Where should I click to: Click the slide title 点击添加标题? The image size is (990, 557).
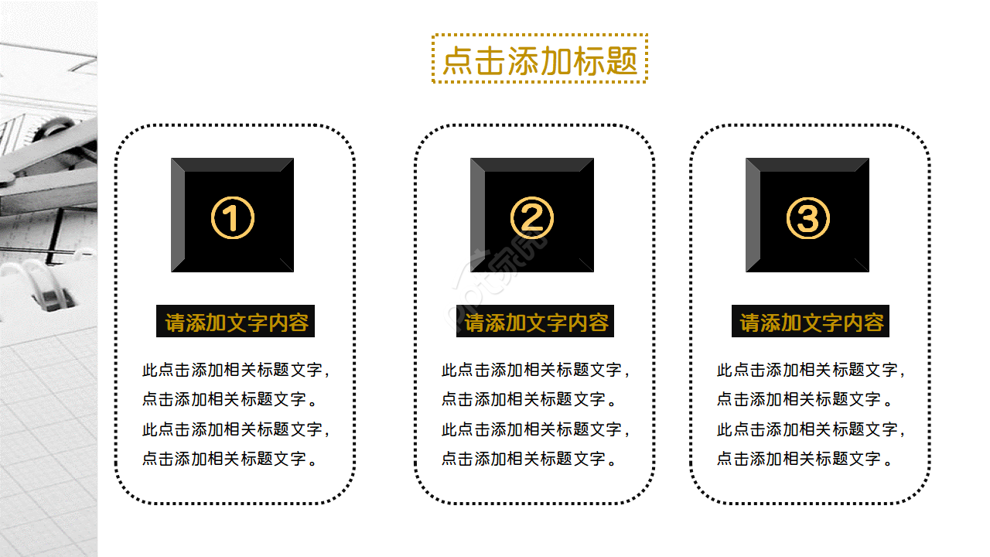point(539,60)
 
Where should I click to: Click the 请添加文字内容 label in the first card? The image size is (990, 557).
point(237,323)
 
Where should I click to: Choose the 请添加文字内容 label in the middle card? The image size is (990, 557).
point(536,323)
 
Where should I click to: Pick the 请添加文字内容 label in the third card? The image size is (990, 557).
point(811,323)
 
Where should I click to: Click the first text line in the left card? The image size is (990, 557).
point(237,370)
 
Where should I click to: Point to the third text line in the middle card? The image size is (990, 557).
point(536,429)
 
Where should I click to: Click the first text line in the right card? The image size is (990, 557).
point(811,370)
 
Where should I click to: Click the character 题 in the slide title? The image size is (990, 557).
point(621,60)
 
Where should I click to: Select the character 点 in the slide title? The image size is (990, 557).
point(457,60)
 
